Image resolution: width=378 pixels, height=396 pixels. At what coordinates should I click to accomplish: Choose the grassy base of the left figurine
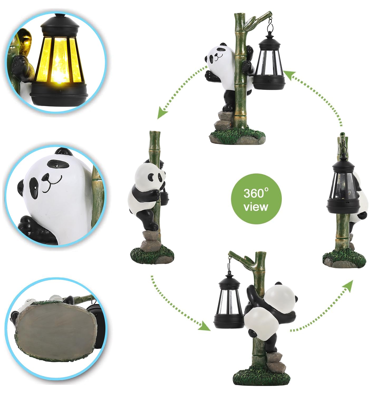(152, 255)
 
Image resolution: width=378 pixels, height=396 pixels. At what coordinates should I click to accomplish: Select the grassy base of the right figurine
(344, 259)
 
